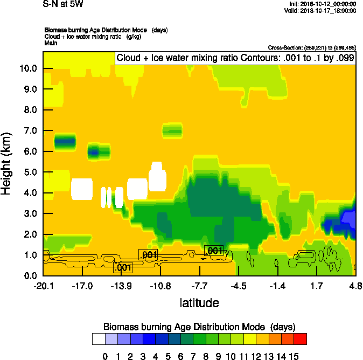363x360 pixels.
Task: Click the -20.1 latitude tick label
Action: tap(43, 286)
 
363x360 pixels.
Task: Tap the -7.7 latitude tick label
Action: tap(199, 286)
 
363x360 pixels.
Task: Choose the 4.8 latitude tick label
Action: tap(355, 286)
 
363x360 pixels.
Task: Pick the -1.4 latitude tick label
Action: tap(278, 286)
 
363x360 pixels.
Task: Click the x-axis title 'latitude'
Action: tap(199, 303)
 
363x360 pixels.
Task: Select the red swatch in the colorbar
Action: tap(301, 338)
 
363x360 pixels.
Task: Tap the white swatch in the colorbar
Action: tap(99, 338)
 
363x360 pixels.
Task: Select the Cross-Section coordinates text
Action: tap(312, 47)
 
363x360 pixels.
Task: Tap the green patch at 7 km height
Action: tap(173, 130)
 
